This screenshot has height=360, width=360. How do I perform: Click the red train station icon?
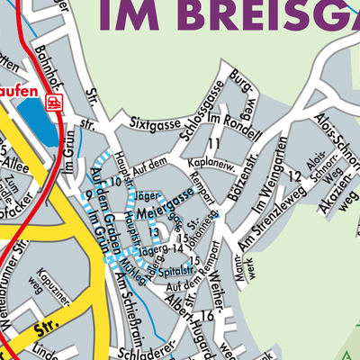[55, 102]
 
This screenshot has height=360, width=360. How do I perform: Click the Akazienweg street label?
[338, 197]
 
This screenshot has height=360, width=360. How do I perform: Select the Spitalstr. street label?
[180, 269]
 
